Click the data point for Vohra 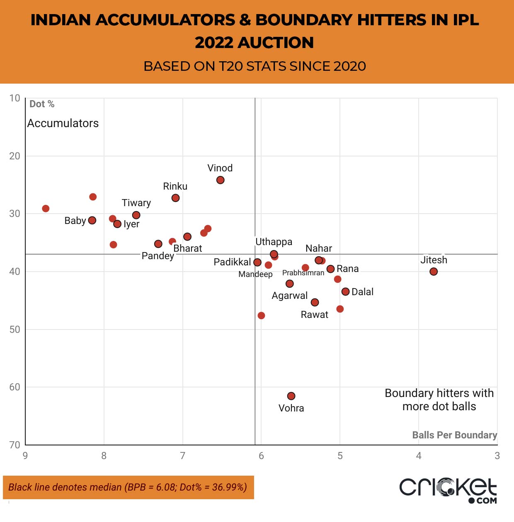[291, 396]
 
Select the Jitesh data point [434, 272]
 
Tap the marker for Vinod [221, 180]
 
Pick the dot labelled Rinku [175, 198]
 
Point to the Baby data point [92, 220]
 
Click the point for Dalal [345, 292]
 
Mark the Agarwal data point [290, 284]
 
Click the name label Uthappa [274, 242]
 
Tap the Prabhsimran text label [303, 273]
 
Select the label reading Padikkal [232, 262]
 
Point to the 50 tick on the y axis [15, 330]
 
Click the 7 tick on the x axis [182, 456]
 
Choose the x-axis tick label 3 [497, 456]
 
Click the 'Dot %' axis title [42, 104]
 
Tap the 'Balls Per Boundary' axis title [454, 435]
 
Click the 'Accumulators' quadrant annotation [63, 123]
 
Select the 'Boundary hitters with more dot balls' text [439, 399]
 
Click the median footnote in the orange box [128, 487]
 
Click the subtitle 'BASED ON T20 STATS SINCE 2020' [255, 66]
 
